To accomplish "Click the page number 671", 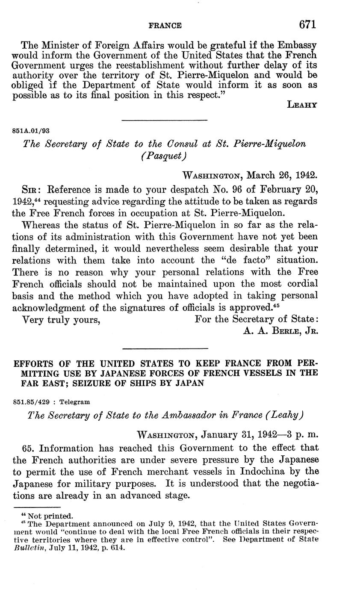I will (x=307, y=25).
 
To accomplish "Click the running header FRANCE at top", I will (x=165, y=26).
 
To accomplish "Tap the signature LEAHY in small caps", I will (x=302, y=105).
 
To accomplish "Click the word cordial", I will (x=301, y=284).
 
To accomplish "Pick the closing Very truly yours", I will (x=61, y=319).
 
